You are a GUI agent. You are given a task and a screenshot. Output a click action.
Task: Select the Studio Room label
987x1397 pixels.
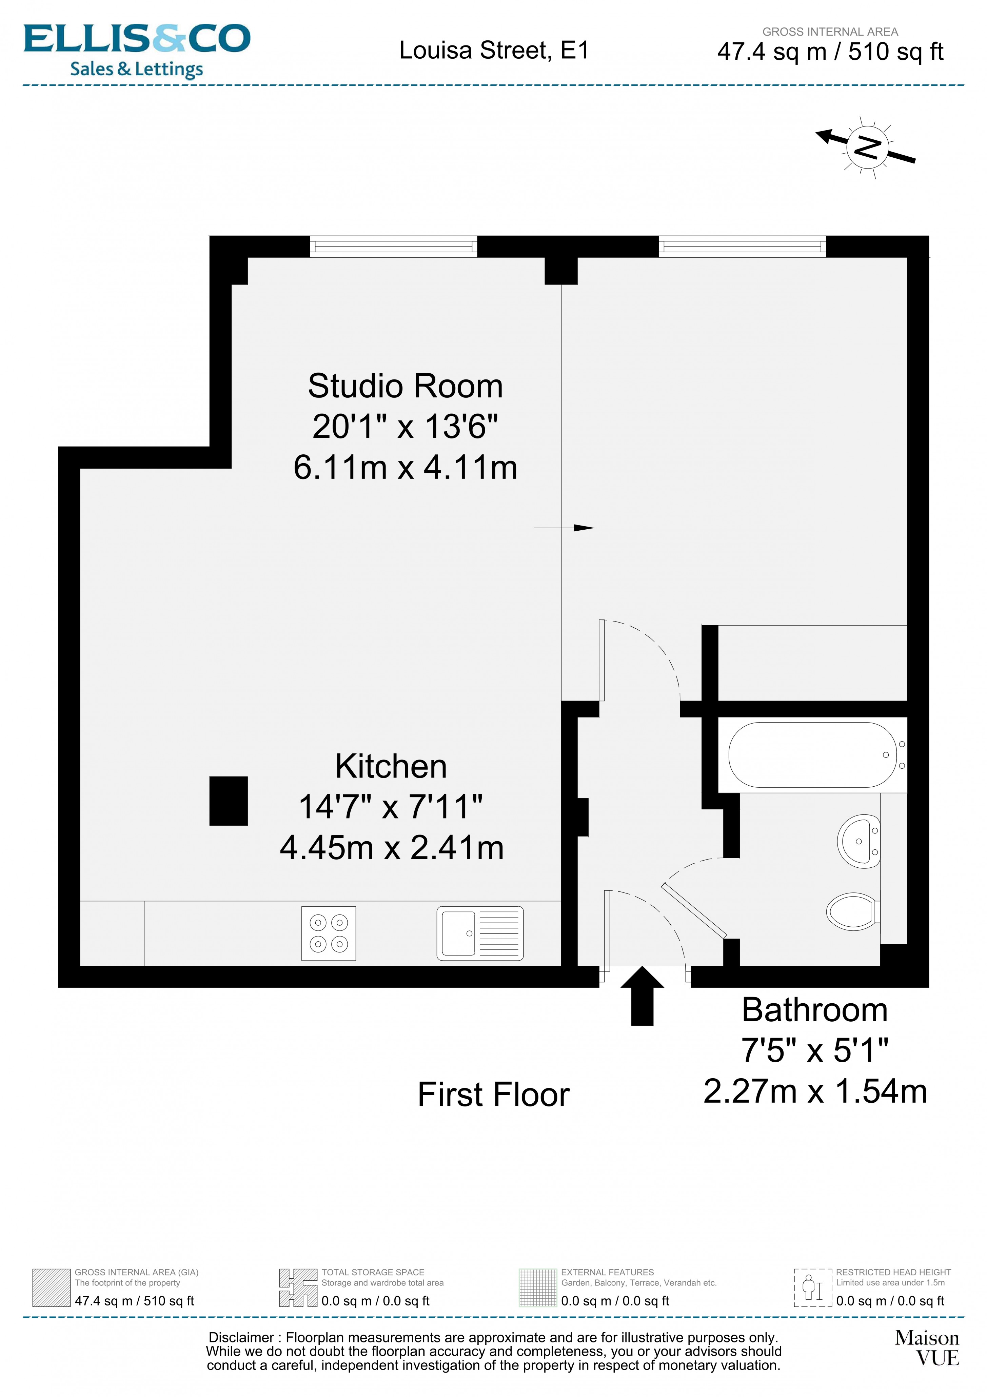point(405,386)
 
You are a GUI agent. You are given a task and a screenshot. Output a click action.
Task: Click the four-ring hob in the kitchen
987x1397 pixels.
point(329,933)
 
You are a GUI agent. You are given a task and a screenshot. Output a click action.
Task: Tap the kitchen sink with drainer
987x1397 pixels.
point(479,933)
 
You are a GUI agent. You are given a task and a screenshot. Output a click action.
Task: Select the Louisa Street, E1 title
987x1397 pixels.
point(494,51)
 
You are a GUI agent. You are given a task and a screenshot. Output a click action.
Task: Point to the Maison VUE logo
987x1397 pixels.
point(926,1348)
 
